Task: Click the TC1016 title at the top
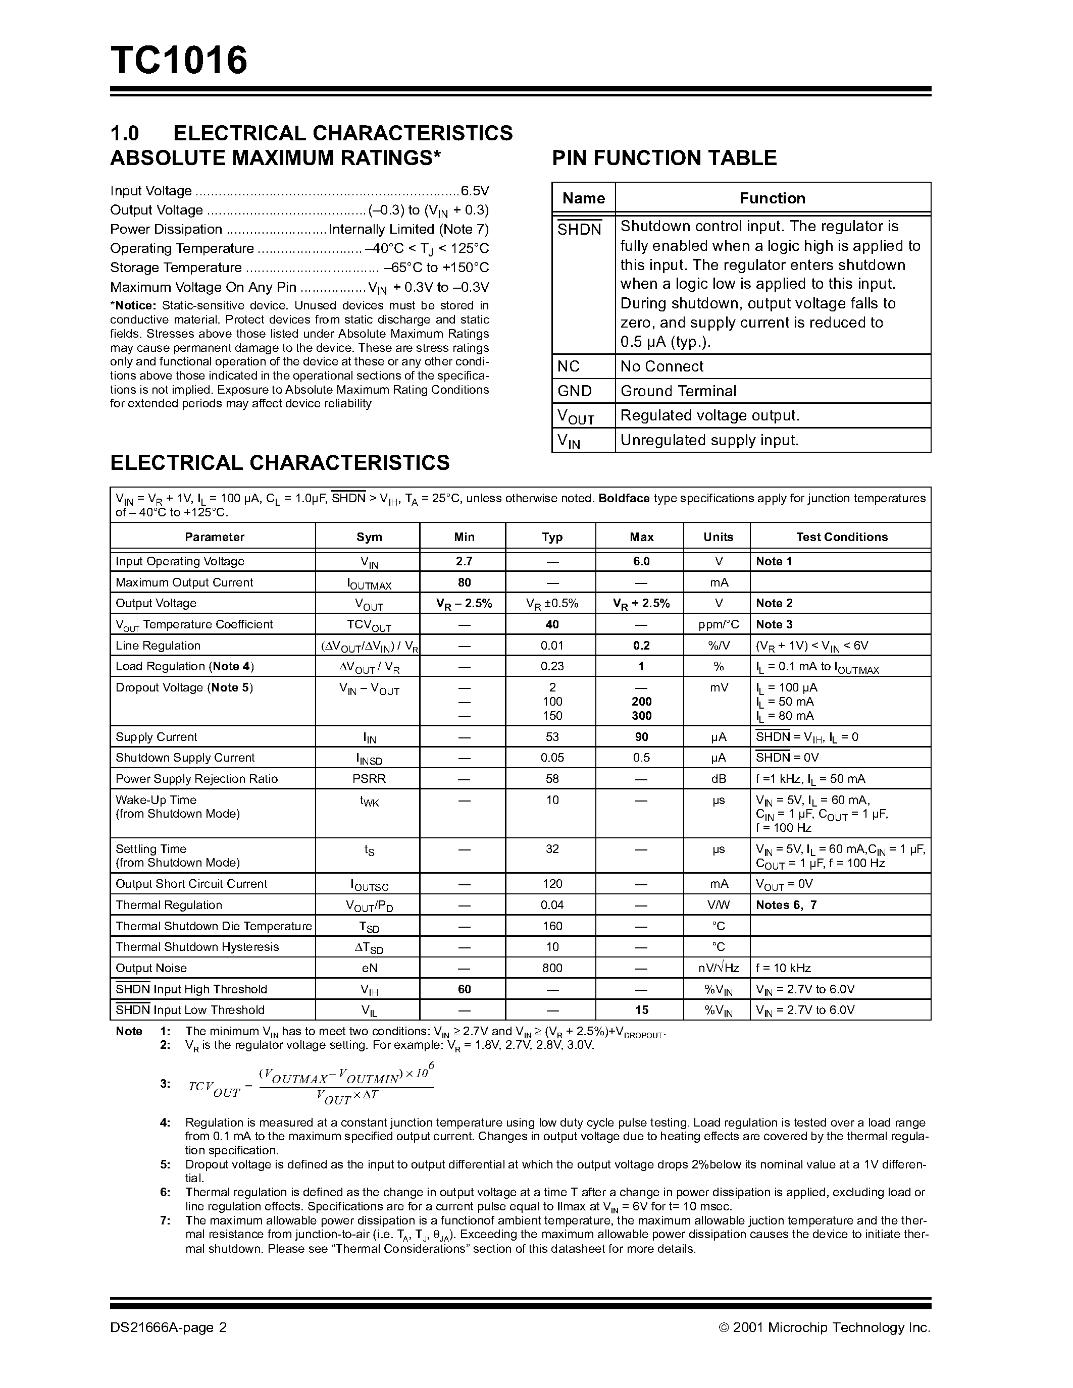[179, 61]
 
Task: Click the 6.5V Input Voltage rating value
[475, 191]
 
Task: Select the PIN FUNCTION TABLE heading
[665, 157]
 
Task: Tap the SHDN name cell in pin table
[579, 230]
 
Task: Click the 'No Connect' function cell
[662, 367]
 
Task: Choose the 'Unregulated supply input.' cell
[709, 441]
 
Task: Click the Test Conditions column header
[842, 537]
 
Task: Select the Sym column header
[369, 537]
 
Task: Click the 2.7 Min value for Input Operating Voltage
[464, 562]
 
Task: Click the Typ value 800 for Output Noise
[552, 969]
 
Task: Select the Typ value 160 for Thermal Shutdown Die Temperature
[552, 927]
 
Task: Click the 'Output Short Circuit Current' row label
[191, 884]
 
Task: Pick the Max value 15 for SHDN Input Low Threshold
[641, 1010]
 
